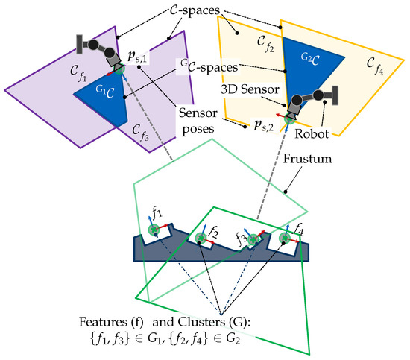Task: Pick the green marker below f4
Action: [284, 239]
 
